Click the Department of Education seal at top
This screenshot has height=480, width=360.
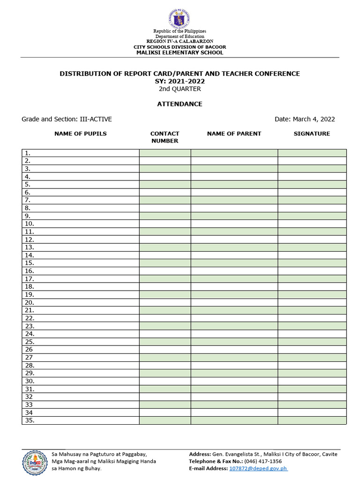[180, 19]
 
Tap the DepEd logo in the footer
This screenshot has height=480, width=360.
[34, 462]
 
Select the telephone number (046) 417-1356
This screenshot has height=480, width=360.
[263, 461]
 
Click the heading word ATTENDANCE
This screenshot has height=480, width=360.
[180, 104]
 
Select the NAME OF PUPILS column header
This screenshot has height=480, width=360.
[81, 134]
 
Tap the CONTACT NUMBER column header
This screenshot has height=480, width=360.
[165, 137]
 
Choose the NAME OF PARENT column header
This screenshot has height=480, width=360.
[234, 134]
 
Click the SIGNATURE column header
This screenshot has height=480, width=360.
[312, 134]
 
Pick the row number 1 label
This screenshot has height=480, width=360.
[28, 153]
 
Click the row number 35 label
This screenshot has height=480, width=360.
[30, 420]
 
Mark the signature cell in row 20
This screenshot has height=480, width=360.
[312, 302]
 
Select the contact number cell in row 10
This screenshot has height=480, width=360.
[165, 224]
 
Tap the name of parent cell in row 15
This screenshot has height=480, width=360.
[234, 263]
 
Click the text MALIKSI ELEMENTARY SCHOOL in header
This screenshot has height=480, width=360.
[180, 52]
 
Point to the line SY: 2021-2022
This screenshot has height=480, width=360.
[180, 81]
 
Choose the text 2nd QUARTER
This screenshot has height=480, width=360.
[180, 89]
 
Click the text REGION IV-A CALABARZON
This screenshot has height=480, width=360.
[180, 42]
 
